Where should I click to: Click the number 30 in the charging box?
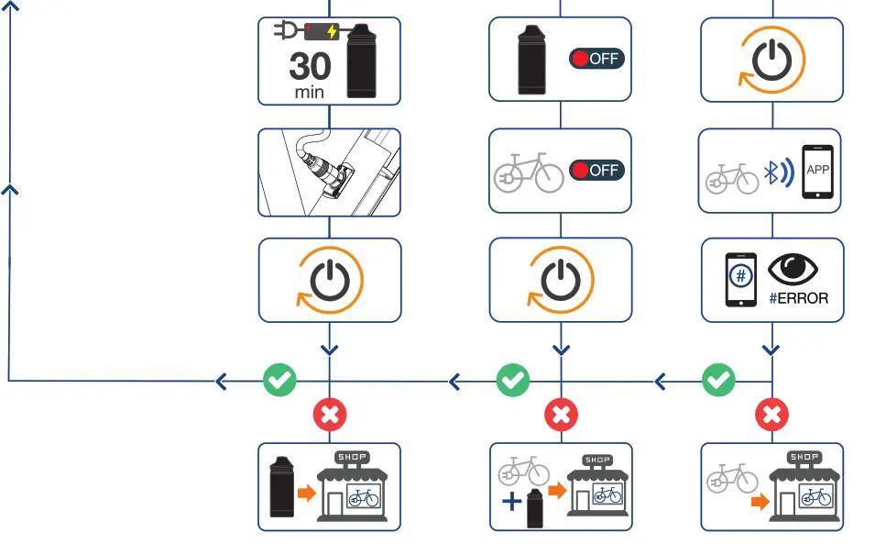[x=310, y=67]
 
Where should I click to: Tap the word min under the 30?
[x=310, y=93]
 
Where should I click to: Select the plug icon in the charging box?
[x=286, y=31]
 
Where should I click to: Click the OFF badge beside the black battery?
[x=596, y=59]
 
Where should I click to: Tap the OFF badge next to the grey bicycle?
[x=596, y=170]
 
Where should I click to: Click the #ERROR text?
[x=799, y=298]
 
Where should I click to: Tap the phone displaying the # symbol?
[x=739, y=280]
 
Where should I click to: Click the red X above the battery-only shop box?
[x=330, y=415]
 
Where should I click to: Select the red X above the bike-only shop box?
[x=771, y=415]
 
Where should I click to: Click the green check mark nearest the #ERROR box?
[x=717, y=379]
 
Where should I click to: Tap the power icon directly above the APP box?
[x=772, y=58]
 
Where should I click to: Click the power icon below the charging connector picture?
[x=330, y=280]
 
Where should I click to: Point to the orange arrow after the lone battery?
[x=304, y=494]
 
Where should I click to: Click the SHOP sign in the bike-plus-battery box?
[x=596, y=460]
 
